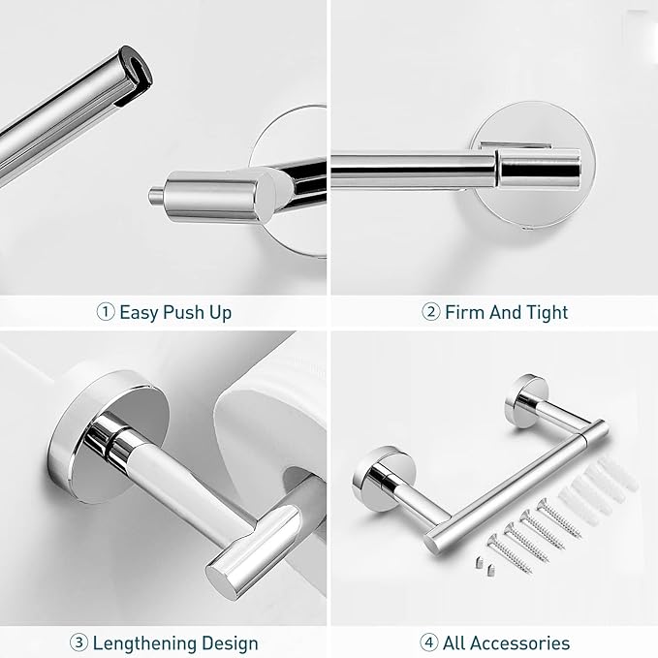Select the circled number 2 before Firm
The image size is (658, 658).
[x=431, y=312]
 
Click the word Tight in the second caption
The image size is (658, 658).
[x=547, y=312]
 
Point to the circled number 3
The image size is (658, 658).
[x=79, y=642]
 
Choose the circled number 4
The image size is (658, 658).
[x=428, y=642]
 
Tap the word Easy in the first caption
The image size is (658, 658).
[x=141, y=312]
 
